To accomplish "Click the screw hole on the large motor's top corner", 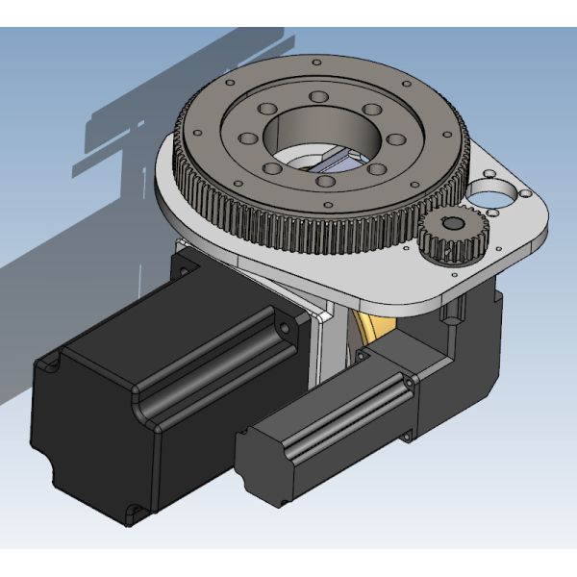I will [x=285, y=329].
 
